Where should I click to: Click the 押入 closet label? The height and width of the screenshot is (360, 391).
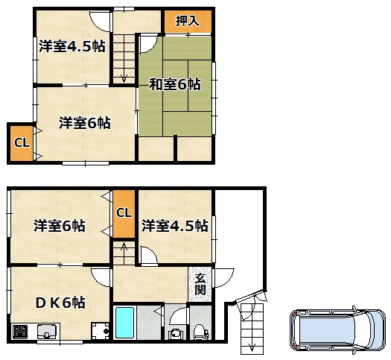tap(188, 21)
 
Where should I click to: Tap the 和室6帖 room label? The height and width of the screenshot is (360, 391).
tap(175, 84)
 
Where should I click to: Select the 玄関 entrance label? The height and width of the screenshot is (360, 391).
tap(200, 284)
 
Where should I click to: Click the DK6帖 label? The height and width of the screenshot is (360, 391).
tap(60, 303)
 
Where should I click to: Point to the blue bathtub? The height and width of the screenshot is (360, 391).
tap(124, 323)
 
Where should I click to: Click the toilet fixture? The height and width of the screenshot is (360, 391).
tap(201, 332)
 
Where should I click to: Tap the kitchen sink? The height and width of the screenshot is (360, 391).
tap(47, 332)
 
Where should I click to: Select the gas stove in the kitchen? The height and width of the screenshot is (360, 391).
tap(20, 332)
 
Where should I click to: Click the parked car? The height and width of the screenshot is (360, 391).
tap(338, 330)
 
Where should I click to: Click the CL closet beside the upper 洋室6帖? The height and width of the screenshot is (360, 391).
tap(22, 143)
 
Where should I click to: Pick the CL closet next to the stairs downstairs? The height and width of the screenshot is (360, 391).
tap(124, 213)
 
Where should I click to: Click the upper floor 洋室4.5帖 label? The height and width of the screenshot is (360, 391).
tap(72, 46)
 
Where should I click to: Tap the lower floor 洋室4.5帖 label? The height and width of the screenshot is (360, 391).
tap(175, 226)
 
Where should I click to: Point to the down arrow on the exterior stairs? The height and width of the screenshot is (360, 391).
tap(252, 347)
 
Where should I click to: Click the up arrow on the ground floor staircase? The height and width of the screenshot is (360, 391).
tap(124, 247)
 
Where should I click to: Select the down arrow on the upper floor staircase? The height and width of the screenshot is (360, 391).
tap(124, 77)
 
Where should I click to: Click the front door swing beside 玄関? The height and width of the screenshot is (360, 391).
tap(224, 278)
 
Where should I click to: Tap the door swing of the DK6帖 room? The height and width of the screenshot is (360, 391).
tap(101, 277)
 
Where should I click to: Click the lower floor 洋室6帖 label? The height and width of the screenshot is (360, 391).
tap(60, 226)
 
